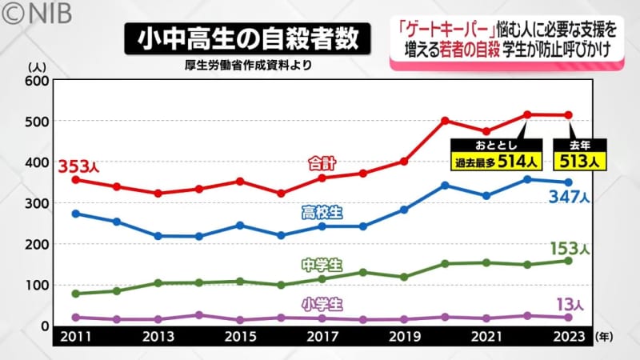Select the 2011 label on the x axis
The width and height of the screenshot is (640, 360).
coord(75,338)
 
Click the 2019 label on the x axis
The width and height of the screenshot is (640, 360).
coord(404,338)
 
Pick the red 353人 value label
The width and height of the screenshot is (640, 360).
coord(78,167)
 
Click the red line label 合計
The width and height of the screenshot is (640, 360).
coord(322,163)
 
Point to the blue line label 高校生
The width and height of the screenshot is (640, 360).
coord(322,212)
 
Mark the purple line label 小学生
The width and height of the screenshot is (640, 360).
coord(322,305)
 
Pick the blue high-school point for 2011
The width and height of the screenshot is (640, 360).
coord(75,214)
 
